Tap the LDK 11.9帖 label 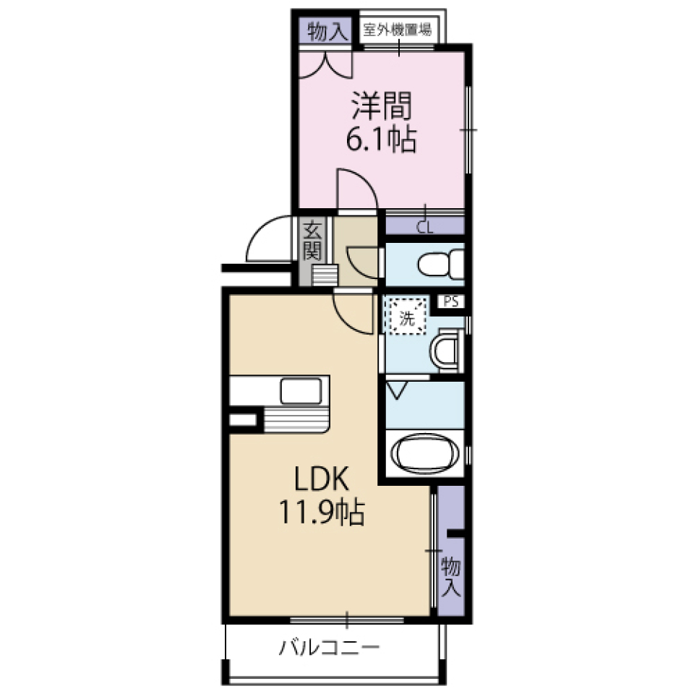[322, 496]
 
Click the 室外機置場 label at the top [398, 30]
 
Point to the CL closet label [424, 227]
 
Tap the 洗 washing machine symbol [407, 317]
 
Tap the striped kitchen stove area [296, 419]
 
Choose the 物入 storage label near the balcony [450, 575]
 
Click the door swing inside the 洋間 [356, 189]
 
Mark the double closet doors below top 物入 [325, 64]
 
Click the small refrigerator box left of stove [243, 419]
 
